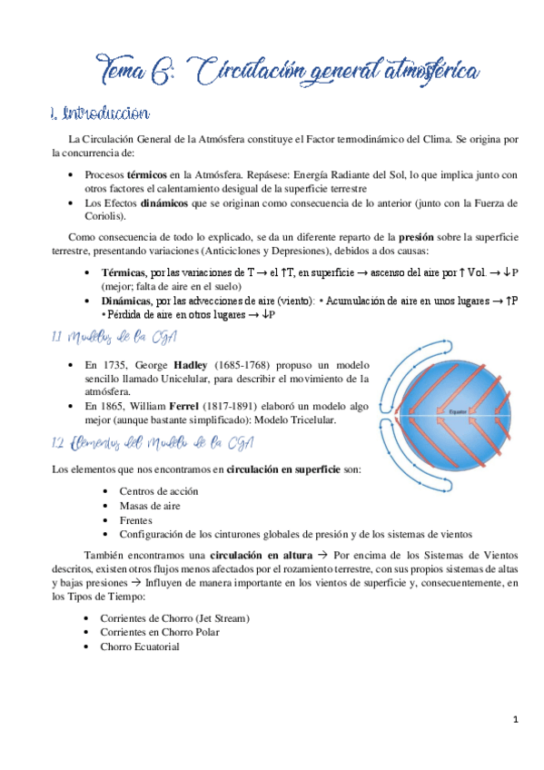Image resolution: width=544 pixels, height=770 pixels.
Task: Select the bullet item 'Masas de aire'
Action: pos(151,505)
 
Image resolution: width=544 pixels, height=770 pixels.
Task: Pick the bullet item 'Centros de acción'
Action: pos(158,491)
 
